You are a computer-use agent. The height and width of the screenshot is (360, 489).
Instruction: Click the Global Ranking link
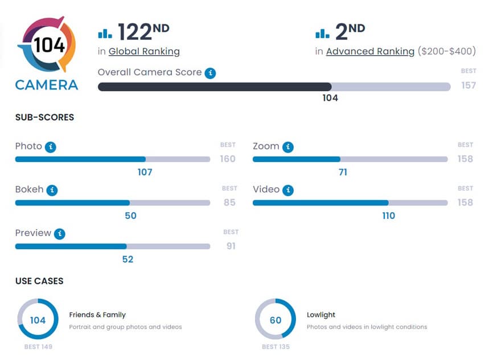144,52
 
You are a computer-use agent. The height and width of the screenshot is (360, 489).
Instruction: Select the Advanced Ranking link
370,52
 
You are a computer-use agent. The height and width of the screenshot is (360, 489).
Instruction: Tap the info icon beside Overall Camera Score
211,73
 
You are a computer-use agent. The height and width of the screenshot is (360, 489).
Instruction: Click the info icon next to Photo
51,147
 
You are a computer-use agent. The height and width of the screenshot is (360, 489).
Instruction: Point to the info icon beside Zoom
288,147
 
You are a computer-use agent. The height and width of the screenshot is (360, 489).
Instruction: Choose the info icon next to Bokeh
52,190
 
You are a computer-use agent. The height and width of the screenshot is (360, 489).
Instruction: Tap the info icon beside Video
288,190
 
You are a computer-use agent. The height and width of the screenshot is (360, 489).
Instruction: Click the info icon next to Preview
60,234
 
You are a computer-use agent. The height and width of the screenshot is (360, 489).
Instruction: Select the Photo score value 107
145,172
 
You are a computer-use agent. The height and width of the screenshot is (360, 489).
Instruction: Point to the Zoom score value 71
343,172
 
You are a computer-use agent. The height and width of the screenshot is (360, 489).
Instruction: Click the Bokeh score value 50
130,216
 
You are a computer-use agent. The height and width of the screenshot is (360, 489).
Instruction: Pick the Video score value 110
388,216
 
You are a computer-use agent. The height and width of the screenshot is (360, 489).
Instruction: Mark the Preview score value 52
128,259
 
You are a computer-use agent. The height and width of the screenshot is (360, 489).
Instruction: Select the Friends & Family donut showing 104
38,320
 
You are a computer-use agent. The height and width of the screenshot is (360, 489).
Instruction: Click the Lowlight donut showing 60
276,320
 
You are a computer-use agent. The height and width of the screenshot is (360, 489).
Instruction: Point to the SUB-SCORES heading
44,118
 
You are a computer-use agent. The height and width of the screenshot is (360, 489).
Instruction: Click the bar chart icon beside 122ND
105,33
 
